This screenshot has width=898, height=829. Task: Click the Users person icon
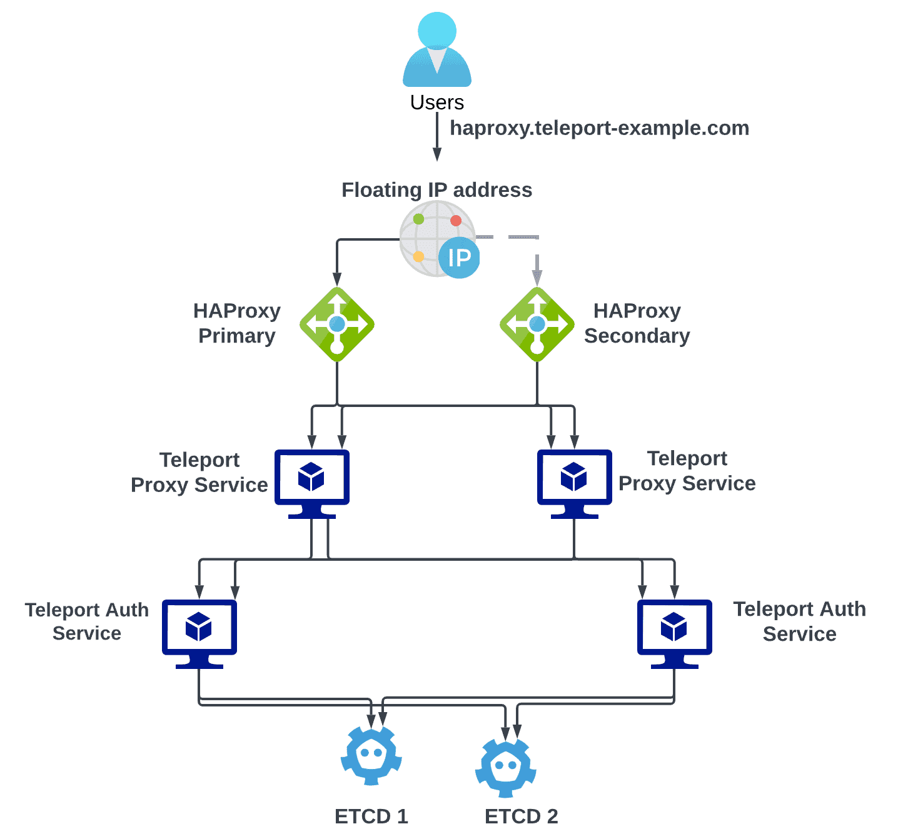[436, 50]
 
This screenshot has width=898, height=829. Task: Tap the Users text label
[436, 103]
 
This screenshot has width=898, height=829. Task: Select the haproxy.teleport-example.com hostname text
[599, 128]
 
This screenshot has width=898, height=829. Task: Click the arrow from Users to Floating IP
[437, 138]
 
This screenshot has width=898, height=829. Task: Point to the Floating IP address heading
[436, 190]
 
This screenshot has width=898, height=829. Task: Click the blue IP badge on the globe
[459, 258]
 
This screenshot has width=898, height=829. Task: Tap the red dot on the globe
[456, 221]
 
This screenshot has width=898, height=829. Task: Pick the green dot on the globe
[418, 219]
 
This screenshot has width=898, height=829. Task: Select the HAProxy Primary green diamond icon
[337, 324]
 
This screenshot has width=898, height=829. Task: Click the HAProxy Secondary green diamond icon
[537, 324]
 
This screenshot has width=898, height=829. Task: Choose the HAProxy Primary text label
[237, 323]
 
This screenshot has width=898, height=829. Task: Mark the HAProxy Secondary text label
[637, 323]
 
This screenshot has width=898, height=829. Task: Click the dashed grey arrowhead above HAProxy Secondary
[537, 276]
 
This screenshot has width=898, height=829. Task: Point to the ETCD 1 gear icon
[371, 756]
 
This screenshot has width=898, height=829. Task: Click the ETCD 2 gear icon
[506, 768]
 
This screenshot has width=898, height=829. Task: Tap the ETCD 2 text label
[521, 816]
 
